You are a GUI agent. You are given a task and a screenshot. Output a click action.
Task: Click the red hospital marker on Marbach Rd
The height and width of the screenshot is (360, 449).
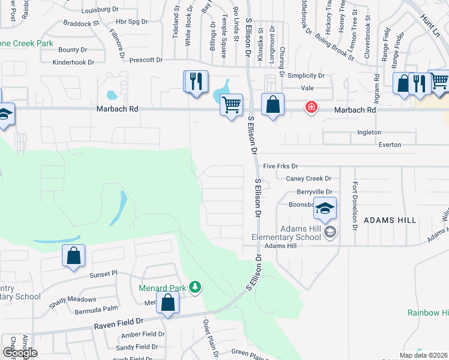point(311,108)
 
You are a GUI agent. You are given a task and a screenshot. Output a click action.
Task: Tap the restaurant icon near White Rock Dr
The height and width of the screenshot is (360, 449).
point(196,81)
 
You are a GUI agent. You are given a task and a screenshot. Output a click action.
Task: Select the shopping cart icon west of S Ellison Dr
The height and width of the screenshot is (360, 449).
point(231,105)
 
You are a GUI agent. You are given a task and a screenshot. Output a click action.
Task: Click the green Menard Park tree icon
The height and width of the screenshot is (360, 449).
point(195,287)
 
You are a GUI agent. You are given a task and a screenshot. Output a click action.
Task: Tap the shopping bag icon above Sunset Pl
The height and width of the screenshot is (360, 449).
point(73,256)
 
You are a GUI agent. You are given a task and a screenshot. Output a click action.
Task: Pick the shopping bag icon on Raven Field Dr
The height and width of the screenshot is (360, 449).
point(168,303)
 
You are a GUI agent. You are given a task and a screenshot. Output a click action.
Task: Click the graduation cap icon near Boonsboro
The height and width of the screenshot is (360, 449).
point(325,208)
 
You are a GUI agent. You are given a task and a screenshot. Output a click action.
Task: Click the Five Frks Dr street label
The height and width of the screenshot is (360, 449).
point(280,166)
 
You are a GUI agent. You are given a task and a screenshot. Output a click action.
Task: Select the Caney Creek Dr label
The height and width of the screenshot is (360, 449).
point(309,179)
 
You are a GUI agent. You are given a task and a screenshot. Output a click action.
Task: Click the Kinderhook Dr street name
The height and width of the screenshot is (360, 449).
point(74,62)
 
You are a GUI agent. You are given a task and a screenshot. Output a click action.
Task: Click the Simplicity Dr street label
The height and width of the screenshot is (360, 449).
point(306,76)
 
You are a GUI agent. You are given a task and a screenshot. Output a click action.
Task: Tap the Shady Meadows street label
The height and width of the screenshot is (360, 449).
point(73,299)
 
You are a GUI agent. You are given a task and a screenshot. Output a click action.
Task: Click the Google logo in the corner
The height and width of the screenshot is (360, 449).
point(20,353)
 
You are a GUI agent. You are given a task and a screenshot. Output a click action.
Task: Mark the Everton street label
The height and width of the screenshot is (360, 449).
point(390,145)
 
